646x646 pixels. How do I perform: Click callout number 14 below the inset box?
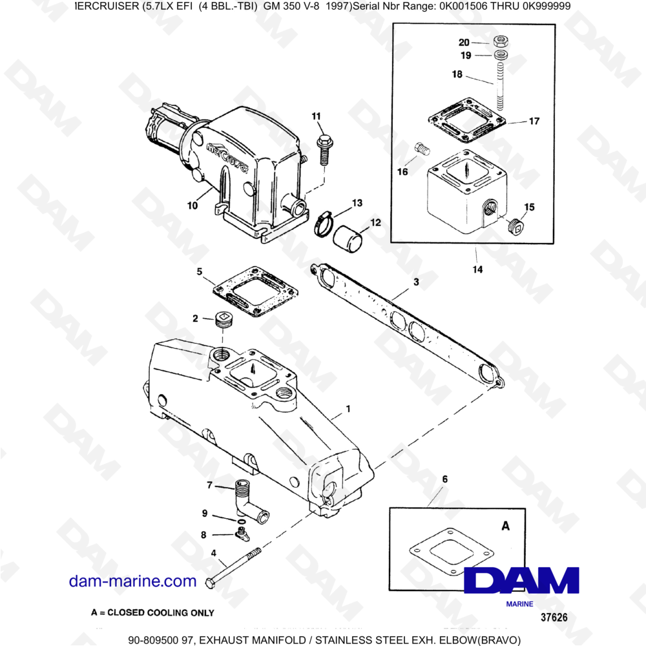[x=477, y=269]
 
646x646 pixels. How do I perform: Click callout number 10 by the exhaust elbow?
[x=193, y=206]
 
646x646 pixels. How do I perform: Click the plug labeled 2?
[x=222, y=321]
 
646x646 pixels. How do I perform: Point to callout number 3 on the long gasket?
[x=417, y=282]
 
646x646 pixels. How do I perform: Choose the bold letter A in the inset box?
[x=506, y=526]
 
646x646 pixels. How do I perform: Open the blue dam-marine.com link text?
[x=132, y=581]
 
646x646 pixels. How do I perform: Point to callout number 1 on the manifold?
[x=348, y=408]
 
